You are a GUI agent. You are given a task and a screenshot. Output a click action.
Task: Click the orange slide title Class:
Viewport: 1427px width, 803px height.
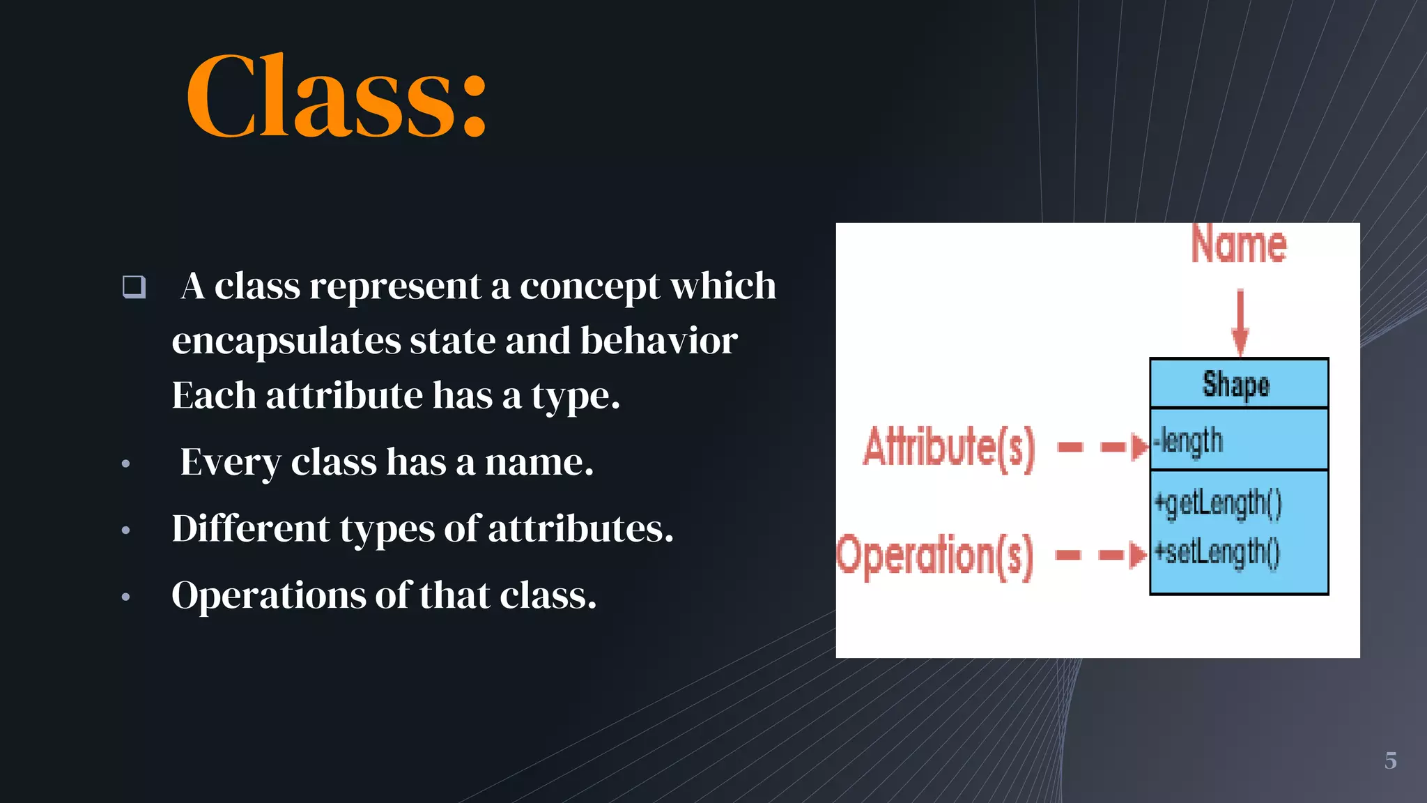(337, 95)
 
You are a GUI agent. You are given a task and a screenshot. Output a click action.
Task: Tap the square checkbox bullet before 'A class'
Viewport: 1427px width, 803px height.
(134, 286)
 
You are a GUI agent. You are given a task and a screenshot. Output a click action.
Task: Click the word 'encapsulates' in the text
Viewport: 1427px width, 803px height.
(286, 341)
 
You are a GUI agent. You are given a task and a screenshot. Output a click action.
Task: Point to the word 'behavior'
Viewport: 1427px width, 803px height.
(658, 341)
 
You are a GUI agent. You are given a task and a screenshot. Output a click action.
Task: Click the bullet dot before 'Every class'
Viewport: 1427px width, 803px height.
(125, 464)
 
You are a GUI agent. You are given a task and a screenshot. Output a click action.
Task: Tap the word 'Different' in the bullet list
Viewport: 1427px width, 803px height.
(250, 528)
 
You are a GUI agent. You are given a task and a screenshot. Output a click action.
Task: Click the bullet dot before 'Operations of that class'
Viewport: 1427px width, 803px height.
(125, 596)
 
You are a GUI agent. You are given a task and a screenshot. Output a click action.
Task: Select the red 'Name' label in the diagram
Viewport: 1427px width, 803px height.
(1239, 245)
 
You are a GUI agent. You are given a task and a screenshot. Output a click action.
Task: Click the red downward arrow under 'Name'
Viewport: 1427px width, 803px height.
(1240, 321)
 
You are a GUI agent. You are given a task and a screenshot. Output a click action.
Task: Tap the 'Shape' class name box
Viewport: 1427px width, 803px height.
(1238, 384)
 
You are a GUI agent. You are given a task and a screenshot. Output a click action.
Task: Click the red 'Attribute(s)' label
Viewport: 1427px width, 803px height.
(949, 447)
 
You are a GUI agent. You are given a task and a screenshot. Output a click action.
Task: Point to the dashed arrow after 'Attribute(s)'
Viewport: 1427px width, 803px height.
(1102, 447)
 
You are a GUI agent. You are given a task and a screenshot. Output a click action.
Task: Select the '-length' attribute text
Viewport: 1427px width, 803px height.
(1189, 441)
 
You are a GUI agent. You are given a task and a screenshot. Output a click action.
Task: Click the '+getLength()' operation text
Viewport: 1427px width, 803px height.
(1218, 503)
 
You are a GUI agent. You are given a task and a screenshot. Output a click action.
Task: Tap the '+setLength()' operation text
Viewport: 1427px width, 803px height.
(1217, 553)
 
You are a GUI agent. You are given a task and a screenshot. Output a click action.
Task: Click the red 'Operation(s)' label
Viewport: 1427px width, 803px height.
(935, 556)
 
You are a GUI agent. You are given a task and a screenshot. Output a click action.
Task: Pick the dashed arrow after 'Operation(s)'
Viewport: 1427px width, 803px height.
(1100, 556)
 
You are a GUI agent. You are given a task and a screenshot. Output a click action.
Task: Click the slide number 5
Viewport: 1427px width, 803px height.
(1390, 760)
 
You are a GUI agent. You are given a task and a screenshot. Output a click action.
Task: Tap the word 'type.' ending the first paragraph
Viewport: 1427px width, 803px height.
(575, 396)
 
